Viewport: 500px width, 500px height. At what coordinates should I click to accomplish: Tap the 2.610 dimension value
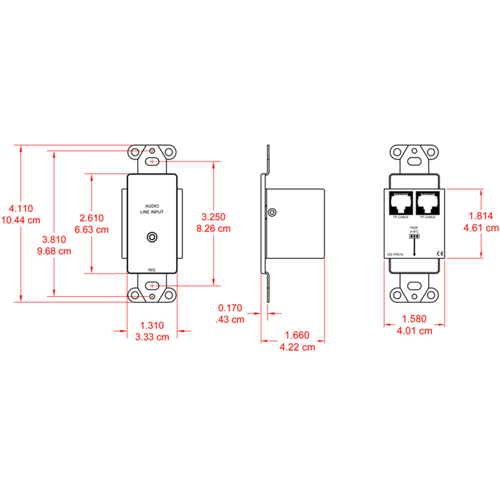click(92, 217)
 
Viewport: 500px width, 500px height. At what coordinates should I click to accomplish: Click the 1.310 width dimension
click(152, 325)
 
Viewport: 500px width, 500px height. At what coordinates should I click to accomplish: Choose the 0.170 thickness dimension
click(230, 308)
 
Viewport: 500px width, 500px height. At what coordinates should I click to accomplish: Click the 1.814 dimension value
click(480, 216)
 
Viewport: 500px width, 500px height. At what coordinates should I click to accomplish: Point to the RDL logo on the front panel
click(152, 270)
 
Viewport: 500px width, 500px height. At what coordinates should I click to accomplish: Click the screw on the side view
click(271, 212)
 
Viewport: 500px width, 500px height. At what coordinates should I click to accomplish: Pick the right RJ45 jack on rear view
click(427, 202)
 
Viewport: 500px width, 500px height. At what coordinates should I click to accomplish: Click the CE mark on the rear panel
click(440, 253)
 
